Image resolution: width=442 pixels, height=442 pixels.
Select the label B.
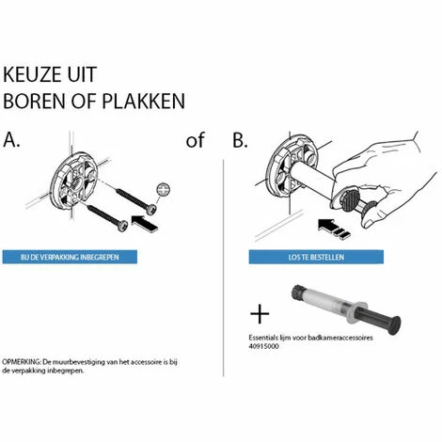tap(239, 141)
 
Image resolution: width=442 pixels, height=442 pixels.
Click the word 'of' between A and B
tap(195, 141)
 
